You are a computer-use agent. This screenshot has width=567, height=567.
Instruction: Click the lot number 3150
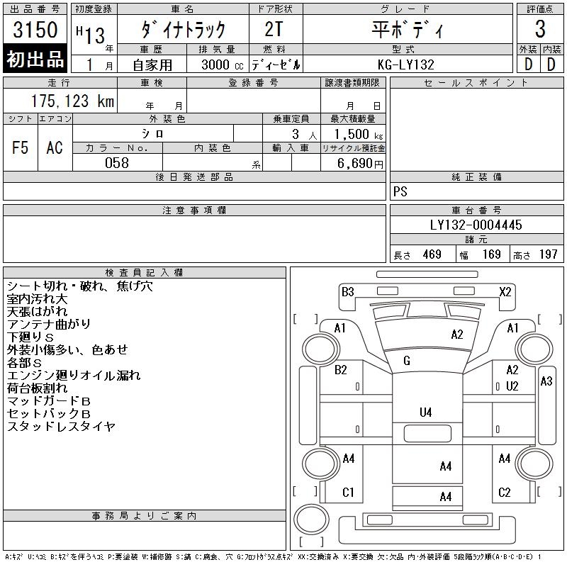click(x=35, y=30)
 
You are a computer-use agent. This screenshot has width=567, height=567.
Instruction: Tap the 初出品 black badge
click(x=35, y=60)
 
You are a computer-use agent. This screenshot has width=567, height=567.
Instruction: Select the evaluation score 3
click(x=540, y=30)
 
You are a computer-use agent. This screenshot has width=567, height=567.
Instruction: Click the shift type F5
click(x=21, y=147)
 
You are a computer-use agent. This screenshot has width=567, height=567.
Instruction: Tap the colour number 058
click(x=117, y=163)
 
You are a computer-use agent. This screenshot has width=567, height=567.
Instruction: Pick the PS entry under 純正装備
click(x=400, y=192)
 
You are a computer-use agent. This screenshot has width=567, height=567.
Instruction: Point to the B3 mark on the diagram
click(x=347, y=291)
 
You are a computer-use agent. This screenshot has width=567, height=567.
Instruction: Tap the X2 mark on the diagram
click(x=505, y=291)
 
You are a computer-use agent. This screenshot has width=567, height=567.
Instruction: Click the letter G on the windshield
click(x=407, y=361)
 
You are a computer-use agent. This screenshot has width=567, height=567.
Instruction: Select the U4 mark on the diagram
click(x=425, y=412)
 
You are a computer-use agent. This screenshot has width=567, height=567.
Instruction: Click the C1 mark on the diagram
click(x=348, y=493)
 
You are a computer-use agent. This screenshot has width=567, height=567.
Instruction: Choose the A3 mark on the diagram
click(x=546, y=381)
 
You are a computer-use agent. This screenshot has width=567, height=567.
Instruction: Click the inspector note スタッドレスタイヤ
click(x=62, y=427)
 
